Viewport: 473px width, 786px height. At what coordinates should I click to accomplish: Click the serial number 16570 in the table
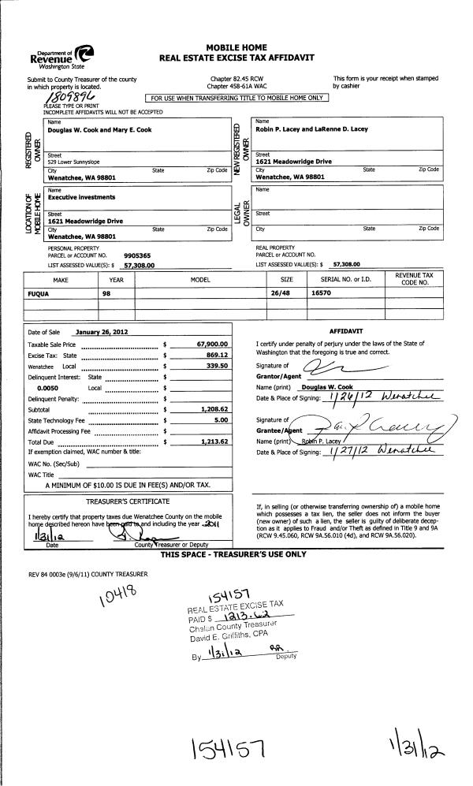pyautogui.click(x=319, y=291)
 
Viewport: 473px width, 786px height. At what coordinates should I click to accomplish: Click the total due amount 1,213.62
pyautogui.click(x=210, y=443)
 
